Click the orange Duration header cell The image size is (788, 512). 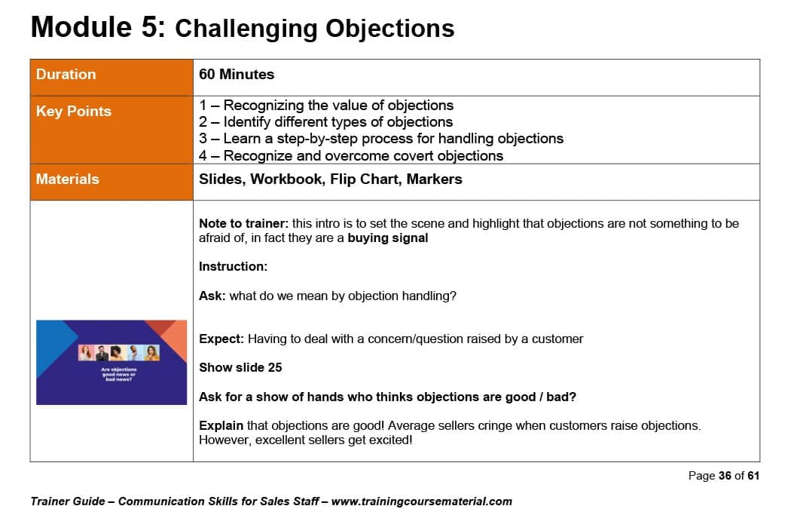tap(111, 78)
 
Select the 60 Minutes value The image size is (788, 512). tap(237, 75)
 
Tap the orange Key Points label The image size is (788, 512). tap(74, 111)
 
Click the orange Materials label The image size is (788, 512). tap(67, 179)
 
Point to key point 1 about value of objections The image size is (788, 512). tap(326, 105)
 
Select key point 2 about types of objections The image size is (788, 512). tap(325, 121)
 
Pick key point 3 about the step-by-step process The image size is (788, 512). tap(381, 138)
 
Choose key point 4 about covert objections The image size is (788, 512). tap(351, 155)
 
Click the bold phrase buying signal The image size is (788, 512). tap(387, 238)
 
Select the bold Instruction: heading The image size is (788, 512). tap(234, 267)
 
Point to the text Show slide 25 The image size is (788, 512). tap(240, 368)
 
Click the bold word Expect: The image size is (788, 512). tap(221, 339)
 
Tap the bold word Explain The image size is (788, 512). tap(221, 425)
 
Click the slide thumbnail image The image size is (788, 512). tap(111, 362)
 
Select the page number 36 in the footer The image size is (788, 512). tap(725, 476)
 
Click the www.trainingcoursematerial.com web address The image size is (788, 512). tap(422, 501)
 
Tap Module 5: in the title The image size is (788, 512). tap(98, 26)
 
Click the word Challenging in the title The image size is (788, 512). tap(246, 29)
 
